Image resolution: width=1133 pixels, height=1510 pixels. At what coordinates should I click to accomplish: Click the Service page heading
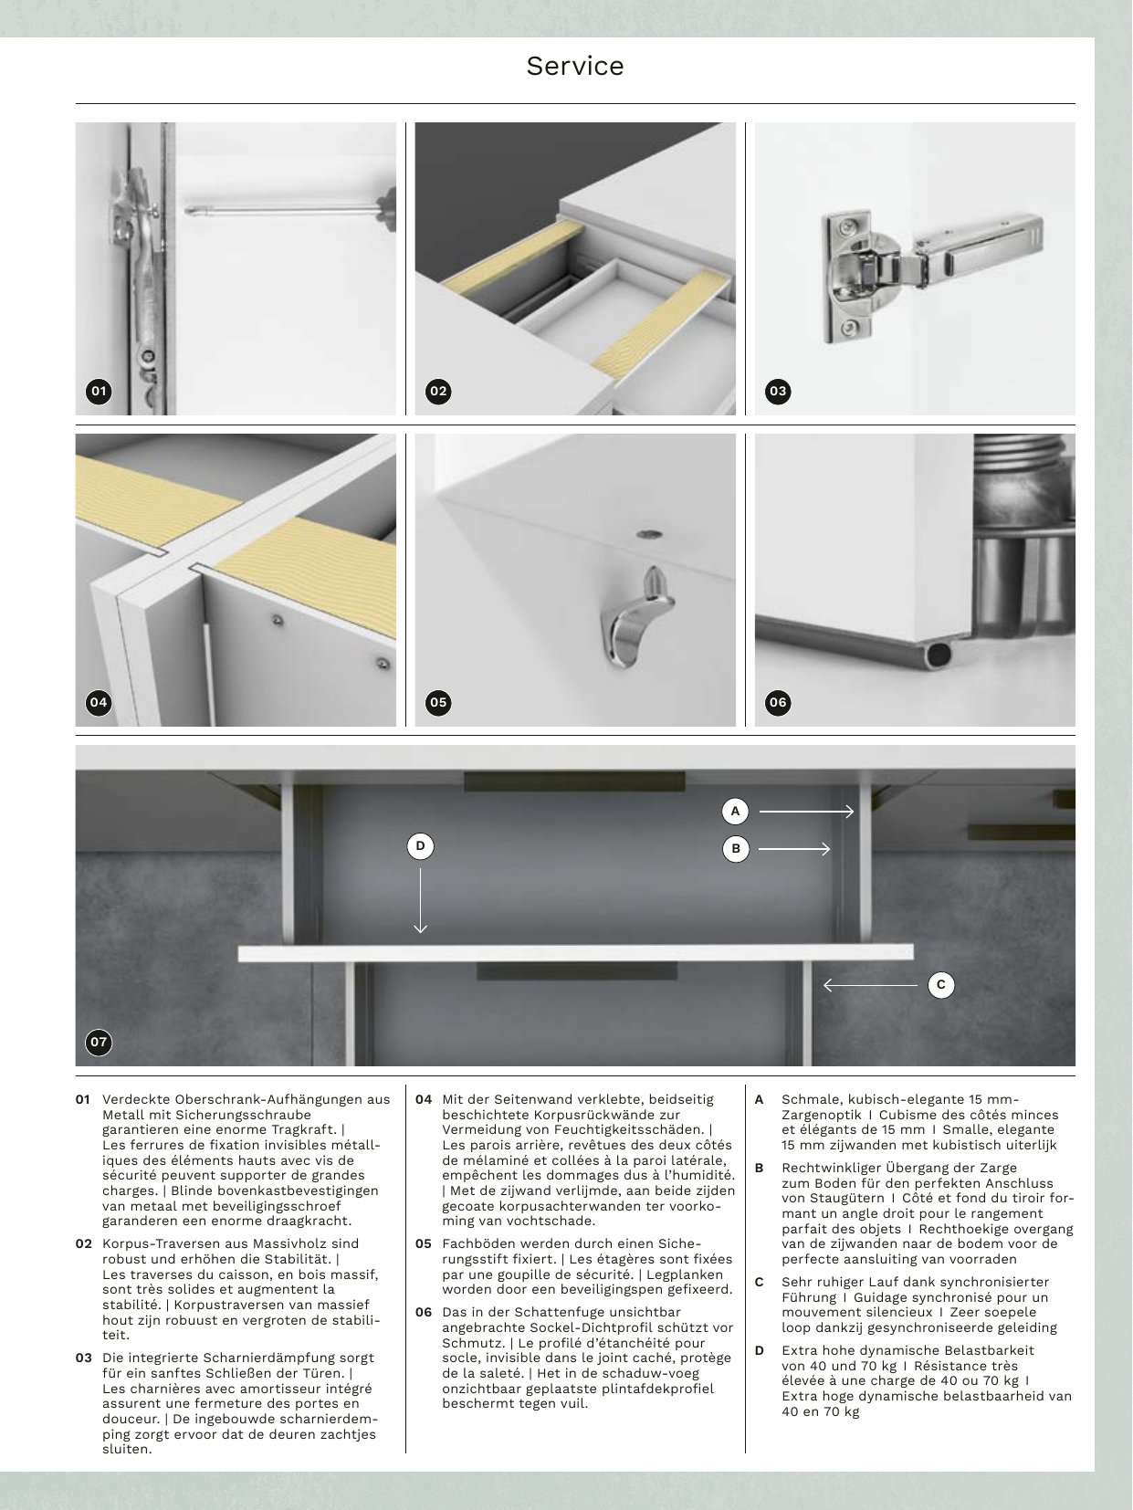tap(574, 66)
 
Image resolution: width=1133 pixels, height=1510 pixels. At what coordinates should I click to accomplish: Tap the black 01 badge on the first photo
tap(99, 392)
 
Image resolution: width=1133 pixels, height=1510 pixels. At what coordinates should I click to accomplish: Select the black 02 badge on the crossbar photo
tap(438, 392)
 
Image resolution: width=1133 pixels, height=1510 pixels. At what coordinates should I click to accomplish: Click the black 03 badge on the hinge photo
tap(777, 392)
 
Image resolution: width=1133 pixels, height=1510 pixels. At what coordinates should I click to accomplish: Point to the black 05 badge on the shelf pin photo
tap(438, 702)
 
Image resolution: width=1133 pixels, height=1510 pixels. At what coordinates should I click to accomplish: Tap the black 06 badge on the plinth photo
tap(777, 702)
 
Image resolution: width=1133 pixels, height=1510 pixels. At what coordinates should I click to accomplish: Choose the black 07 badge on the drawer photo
tap(99, 1042)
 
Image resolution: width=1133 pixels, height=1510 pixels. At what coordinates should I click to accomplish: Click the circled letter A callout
tap(735, 811)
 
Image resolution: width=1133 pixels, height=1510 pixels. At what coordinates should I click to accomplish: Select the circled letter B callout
tap(735, 849)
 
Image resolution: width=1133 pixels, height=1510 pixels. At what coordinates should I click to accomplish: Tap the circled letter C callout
tap(940, 985)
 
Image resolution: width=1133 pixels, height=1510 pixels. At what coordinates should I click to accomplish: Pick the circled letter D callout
tap(420, 846)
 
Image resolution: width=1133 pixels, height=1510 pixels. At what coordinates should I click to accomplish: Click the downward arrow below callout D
tap(420, 899)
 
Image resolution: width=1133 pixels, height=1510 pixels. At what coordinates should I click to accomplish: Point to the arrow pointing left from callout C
tap(869, 985)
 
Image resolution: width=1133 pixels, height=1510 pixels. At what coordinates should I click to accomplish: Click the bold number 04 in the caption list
tap(424, 1099)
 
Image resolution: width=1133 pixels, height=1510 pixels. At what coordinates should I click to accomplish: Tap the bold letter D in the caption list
tap(760, 1350)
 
